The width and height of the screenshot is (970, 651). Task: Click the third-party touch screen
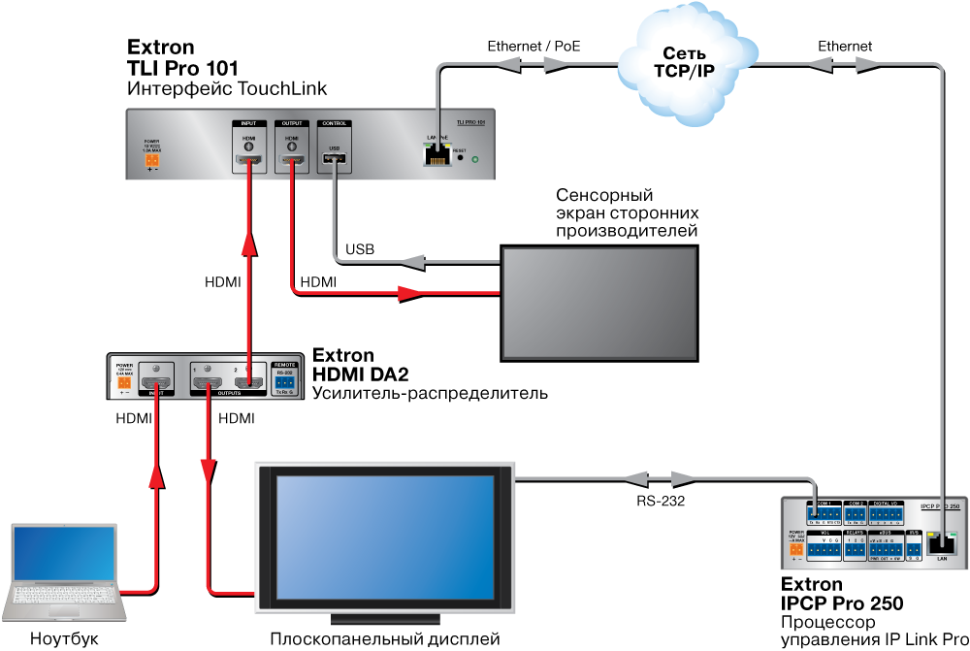coord(599,302)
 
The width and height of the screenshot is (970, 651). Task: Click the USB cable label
coord(360,250)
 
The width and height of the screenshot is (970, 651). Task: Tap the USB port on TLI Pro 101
coord(335,161)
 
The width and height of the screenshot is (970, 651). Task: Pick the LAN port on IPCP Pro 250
coord(941,545)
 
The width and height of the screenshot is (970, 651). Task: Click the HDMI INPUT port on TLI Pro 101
coord(249,161)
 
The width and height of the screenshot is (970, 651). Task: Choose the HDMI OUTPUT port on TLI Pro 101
coord(291,161)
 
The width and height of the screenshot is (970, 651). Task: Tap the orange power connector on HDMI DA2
coord(124,383)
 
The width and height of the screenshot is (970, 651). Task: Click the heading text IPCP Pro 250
coord(842,603)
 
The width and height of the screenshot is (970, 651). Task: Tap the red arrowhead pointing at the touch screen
coord(411,294)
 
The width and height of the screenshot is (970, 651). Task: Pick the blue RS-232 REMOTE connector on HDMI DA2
coord(284,381)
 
